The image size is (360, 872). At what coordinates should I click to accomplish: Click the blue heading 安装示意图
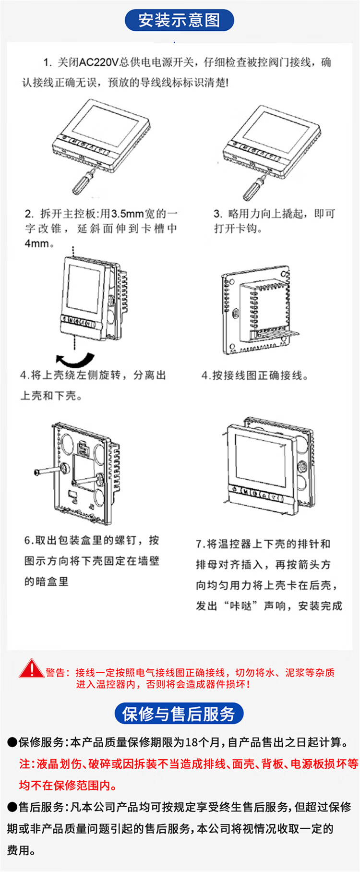(x=179, y=20)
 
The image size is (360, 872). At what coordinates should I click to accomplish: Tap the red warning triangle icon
(x=31, y=669)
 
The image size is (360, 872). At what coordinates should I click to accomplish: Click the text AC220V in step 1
(x=98, y=62)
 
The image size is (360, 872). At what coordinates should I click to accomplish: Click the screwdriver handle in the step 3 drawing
(x=251, y=189)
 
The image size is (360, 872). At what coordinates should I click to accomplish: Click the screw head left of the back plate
(x=38, y=473)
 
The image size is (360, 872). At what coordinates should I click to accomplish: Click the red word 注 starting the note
(x=24, y=764)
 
